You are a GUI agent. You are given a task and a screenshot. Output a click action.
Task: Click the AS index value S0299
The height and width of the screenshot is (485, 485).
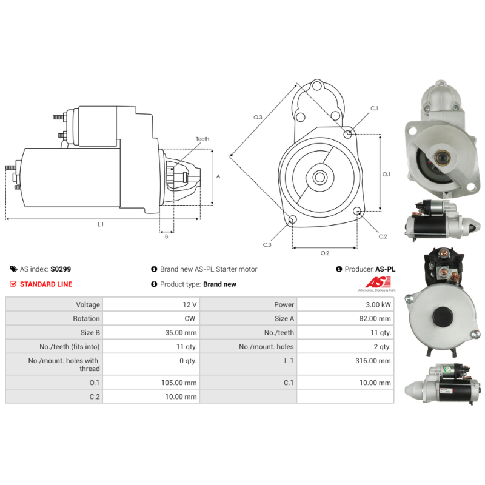point(61,269)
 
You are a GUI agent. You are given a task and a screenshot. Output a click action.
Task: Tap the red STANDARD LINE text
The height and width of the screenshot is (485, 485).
point(46,284)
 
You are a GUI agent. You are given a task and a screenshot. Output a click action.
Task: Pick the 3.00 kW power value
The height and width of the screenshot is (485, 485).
point(378,305)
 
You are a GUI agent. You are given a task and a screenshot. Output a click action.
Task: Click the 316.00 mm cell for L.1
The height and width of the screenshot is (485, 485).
point(373,361)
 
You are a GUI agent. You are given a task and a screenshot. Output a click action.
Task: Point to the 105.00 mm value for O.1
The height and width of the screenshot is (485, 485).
point(179,383)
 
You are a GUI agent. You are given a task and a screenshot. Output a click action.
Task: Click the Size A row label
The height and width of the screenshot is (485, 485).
point(284,319)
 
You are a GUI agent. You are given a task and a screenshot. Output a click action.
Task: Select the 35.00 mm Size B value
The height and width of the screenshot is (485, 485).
point(181,333)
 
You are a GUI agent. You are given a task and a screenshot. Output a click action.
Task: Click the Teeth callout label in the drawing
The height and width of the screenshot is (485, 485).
point(202,139)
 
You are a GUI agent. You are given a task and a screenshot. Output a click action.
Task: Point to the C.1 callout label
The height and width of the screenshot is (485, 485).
point(374,109)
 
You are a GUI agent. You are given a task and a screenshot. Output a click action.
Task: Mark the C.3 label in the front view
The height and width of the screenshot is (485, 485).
point(267,245)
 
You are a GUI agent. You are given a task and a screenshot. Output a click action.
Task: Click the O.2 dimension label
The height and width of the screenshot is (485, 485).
point(325,253)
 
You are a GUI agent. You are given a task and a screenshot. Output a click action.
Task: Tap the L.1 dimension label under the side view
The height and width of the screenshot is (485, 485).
point(101,224)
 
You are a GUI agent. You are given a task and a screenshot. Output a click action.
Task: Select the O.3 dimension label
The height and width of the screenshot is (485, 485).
point(258,117)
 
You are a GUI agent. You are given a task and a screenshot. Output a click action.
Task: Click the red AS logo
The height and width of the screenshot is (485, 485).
point(378,282)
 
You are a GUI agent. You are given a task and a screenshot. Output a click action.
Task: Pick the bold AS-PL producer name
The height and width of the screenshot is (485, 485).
point(385,269)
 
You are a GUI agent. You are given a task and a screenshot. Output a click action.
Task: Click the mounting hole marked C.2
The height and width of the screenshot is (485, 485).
point(357,211)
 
